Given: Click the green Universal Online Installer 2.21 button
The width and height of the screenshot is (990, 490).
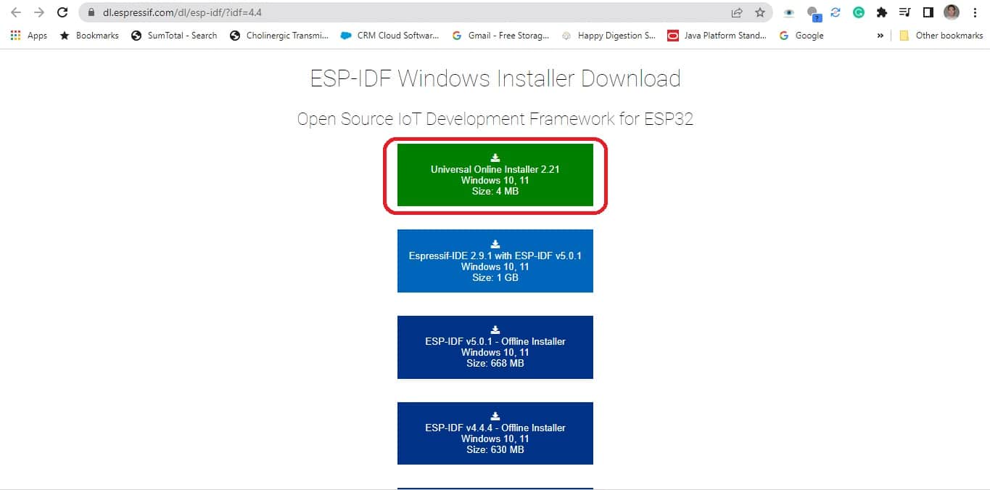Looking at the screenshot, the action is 495,175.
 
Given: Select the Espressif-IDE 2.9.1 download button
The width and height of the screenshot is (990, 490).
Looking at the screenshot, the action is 495,261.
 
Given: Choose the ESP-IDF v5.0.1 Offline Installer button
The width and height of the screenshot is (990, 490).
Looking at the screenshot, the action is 495,347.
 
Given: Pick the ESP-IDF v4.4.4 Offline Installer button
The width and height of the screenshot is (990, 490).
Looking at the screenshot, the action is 495,433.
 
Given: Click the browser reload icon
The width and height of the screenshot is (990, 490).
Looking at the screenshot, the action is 62,12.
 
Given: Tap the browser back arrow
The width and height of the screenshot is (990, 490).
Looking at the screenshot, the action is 16,12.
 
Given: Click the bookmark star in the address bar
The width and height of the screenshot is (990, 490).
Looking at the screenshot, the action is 760,12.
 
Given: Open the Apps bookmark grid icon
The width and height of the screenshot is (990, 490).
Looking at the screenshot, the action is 15,36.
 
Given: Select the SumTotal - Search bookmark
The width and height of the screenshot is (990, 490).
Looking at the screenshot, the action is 174,36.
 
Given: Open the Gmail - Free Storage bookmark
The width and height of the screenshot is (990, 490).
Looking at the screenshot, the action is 500,36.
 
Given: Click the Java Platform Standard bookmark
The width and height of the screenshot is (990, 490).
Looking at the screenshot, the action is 717,36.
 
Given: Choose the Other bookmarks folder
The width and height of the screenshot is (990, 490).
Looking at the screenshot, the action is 941,36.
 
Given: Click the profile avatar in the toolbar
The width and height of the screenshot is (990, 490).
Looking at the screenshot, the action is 951,12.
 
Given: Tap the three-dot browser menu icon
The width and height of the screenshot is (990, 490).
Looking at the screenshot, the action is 975,12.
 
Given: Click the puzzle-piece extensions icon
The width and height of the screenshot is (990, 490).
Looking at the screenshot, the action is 882,12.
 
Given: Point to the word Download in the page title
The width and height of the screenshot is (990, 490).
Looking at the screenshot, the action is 631,78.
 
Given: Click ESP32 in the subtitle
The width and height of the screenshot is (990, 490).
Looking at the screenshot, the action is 669,119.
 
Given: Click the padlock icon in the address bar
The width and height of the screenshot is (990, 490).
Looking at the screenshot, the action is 91,12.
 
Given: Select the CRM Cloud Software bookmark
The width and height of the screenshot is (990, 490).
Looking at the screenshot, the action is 389,36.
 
